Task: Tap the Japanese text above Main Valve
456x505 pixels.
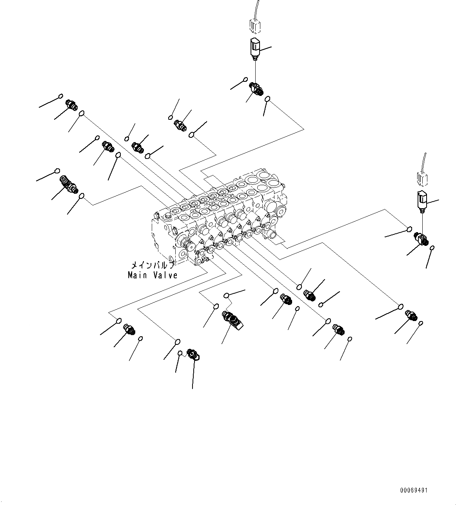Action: (x=153, y=265)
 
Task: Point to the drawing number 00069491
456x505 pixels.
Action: (x=414, y=490)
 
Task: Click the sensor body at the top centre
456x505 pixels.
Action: (x=255, y=48)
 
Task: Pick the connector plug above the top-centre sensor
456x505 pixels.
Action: (x=255, y=27)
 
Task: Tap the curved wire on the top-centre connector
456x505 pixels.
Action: (x=255, y=8)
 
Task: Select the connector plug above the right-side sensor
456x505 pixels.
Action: (x=422, y=179)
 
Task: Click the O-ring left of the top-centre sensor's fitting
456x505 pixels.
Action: (x=246, y=80)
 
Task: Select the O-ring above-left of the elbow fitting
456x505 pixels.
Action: (x=57, y=171)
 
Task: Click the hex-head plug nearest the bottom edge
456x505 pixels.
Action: (x=193, y=355)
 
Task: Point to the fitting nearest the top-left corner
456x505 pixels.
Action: (x=71, y=105)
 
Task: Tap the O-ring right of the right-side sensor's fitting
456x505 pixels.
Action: (x=432, y=248)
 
